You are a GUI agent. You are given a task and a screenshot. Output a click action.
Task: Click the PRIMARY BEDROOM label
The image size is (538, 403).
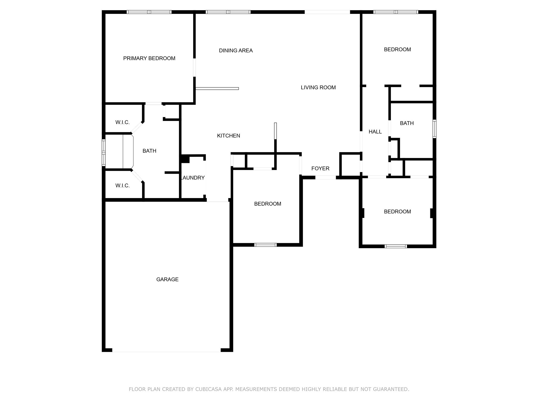pos(149,59)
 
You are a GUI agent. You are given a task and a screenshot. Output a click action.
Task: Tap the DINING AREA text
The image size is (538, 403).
pos(236,51)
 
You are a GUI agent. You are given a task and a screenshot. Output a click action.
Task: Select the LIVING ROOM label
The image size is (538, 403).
pos(318,88)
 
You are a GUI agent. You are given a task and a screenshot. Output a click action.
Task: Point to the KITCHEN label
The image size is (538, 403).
pos(228,136)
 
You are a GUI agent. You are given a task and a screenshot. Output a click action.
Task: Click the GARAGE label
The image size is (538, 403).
pos(167,279)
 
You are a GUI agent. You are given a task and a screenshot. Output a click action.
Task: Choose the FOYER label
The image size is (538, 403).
pos(320,168)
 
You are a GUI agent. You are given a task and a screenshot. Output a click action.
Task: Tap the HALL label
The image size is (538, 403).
pos(375,132)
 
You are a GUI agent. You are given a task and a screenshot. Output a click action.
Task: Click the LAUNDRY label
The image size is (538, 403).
pos(193,178)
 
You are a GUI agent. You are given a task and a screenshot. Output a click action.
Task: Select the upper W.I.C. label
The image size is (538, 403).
pos(122,122)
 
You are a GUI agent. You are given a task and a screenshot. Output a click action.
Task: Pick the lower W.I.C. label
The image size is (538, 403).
pos(122,186)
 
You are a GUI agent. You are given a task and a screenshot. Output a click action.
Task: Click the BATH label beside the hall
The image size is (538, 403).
pos(407,123)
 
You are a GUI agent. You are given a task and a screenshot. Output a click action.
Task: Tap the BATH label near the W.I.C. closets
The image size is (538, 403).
pos(149,151)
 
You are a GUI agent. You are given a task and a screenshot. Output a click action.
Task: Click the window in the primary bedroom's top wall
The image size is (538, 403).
pos(149,12)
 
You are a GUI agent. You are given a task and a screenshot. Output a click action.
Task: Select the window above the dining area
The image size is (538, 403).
pos(228,12)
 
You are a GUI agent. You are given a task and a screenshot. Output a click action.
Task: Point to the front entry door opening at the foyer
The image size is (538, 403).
pos(325,178)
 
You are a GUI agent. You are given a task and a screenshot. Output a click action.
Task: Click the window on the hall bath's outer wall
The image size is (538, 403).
pos(434,129)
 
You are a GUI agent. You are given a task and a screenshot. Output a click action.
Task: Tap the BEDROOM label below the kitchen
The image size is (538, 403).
pos(267,204)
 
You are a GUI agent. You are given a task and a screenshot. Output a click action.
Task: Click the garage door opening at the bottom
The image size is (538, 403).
pos(166,350)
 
